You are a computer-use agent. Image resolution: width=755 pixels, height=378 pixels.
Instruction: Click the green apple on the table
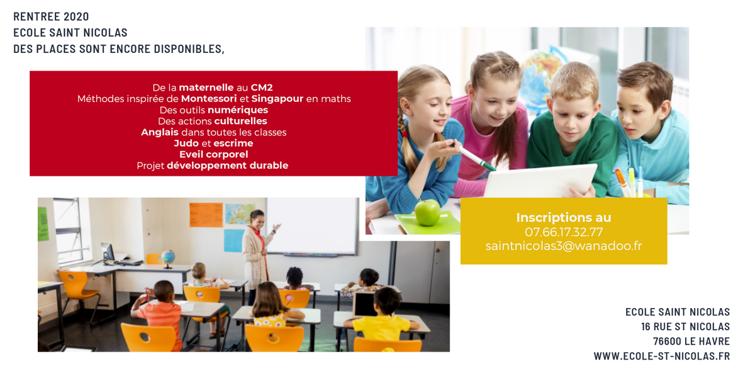coord(428,212)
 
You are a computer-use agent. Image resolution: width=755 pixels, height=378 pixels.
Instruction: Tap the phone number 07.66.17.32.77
coord(564,232)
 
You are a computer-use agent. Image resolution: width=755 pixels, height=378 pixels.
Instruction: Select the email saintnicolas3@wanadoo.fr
coord(564,246)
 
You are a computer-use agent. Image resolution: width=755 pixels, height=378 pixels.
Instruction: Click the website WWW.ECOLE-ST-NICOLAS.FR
coord(661,357)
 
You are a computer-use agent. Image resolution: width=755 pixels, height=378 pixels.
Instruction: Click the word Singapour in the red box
coord(277,99)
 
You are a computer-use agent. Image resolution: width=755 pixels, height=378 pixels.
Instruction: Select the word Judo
coord(186,144)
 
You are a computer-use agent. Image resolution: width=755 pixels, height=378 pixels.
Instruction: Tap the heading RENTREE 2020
coord(51,16)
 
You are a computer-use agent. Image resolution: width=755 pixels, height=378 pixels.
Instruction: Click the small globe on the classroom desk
coord(167,257)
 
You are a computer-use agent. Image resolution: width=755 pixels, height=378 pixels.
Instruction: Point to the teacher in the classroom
coord(257,246)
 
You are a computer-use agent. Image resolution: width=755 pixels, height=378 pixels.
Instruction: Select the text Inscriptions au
coord(564,217)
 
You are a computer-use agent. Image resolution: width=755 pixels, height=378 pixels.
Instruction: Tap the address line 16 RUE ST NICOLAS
coord(685,326)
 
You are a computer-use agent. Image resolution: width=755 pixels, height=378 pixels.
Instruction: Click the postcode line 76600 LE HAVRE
coord(691,341)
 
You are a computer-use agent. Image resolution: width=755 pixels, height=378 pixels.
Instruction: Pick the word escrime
coord(233,144)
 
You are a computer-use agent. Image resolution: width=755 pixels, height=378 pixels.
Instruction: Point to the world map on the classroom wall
coord(240,214)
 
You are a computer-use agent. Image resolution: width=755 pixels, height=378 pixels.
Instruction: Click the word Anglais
coord(160,132)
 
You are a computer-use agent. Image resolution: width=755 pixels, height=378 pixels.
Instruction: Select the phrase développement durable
coord(227,166)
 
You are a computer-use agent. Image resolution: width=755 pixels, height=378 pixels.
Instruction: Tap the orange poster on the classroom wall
coord(206,215)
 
